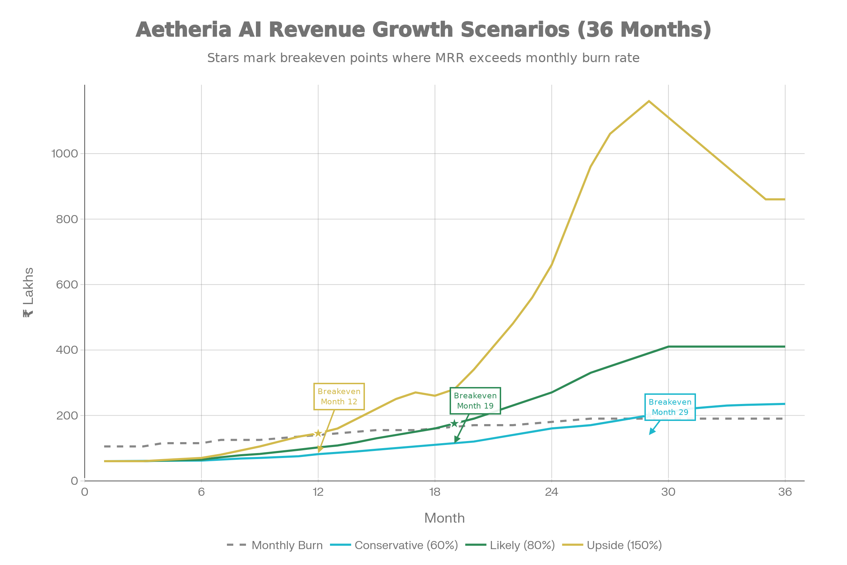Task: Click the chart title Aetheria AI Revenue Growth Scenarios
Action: click(x=423, y=30)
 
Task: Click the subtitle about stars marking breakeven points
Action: click(x=423, y=58)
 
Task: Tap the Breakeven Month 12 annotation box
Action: click(x=339, y=396)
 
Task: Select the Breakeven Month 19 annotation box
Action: click(x=475, y=401)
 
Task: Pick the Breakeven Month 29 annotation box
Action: click(x=670, y=407)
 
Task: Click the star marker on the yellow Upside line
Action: click(x=318, y=433)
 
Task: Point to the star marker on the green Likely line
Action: click(x=454, y=423)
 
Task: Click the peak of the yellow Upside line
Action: click(x=649, y=101)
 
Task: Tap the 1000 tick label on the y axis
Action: click(x=65, y=154)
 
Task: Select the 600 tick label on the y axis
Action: click(x=67, y=285)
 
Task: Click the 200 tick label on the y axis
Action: click(x=67, y=416)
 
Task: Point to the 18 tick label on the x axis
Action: click(x=435, y=492)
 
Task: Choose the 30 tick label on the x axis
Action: click(x=668, y=492)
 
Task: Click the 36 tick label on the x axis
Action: click(x=785, y=492)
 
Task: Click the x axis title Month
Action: click(x=444, y=518)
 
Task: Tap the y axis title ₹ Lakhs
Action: click(x=28, y=293)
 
